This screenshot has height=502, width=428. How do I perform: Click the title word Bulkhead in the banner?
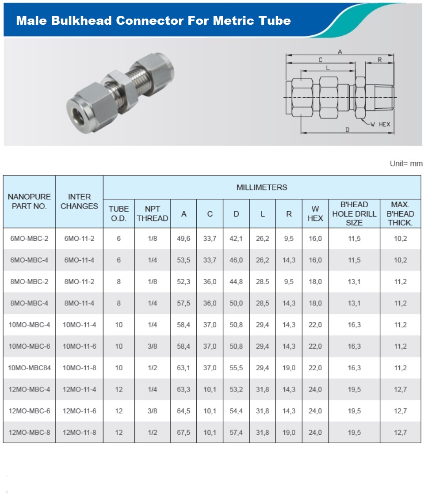point(81,20)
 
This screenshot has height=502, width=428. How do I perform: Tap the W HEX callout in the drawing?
point(380,124)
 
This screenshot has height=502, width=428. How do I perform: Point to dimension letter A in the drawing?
point(340,52)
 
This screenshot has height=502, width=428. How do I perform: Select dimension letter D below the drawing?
point(348,129)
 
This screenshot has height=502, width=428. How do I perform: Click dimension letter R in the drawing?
point(380,60)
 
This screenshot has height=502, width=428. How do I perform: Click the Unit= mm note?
point(406,164)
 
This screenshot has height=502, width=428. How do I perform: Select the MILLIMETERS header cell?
point(262,187)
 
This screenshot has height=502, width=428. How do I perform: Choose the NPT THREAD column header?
point(153,213)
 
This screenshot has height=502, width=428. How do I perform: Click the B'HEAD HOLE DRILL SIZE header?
point(354,213)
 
